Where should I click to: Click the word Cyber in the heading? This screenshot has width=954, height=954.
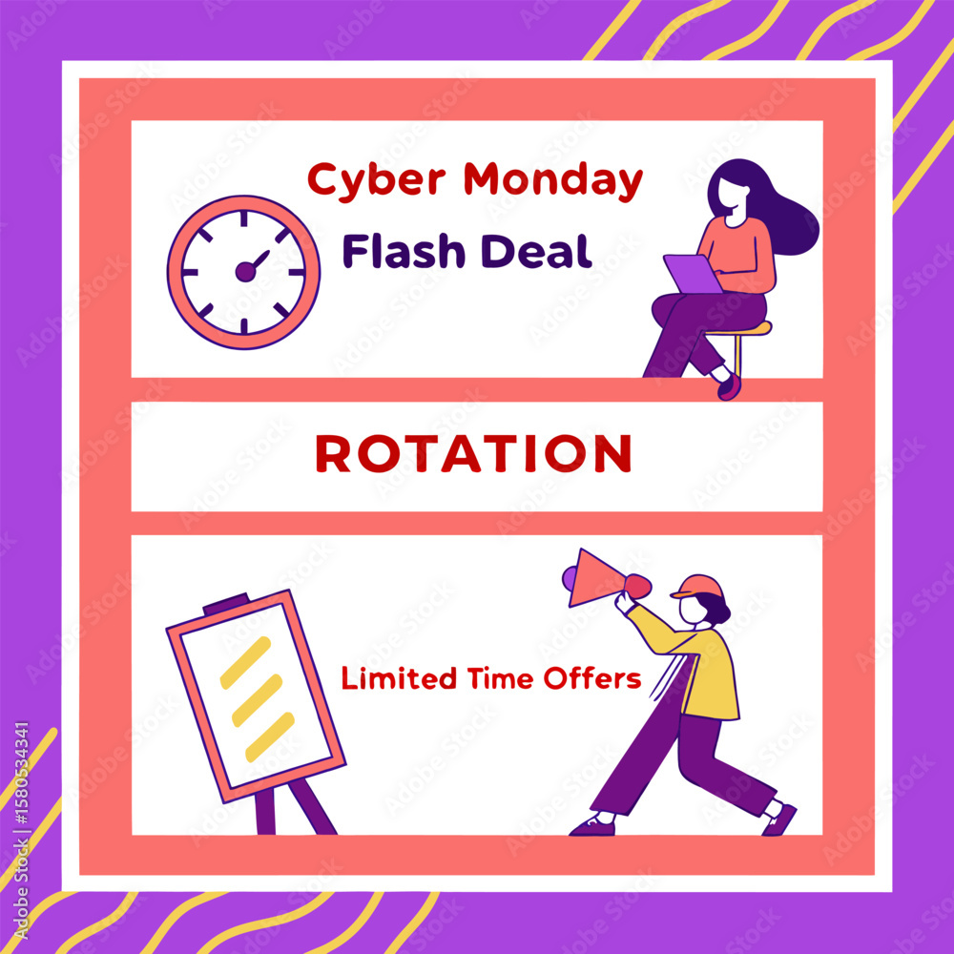point(377,180)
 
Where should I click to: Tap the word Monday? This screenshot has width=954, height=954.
point(553,180)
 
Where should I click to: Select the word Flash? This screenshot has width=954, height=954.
point(404,251)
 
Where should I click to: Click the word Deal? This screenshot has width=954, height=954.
point(536,251)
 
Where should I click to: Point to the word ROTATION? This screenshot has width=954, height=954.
point(474,453)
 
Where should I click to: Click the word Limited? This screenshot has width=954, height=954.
point(399,677)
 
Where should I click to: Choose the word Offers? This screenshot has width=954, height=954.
point(592,677)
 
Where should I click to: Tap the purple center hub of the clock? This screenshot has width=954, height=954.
point(245,271)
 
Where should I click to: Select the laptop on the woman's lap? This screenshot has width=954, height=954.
point(693,274)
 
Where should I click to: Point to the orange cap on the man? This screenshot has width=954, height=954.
point(697,587)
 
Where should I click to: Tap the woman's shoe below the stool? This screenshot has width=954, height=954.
point(729,386)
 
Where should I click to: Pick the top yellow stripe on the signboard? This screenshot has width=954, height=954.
point(245,663)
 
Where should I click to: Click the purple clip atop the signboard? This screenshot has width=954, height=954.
point(226,603)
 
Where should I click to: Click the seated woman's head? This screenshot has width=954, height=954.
point(733,193)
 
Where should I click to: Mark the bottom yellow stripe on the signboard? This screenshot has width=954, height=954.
point(270,736)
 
